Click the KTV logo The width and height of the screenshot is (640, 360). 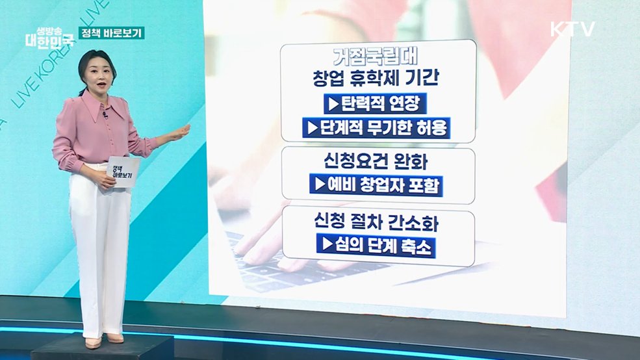[x=572, y=29]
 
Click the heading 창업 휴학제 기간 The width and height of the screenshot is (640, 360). [x=377, y=79]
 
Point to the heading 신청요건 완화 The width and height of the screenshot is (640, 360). [x=377, y=161]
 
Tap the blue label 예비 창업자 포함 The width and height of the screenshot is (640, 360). [x=377, y=185]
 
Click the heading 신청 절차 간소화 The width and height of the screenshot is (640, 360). [x=377, y=224]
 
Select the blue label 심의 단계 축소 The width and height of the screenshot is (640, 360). [x=377, y=248]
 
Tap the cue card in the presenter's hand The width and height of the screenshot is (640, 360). [x=122, y=172]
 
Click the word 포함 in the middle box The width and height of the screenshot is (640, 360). [x=425, y=185]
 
